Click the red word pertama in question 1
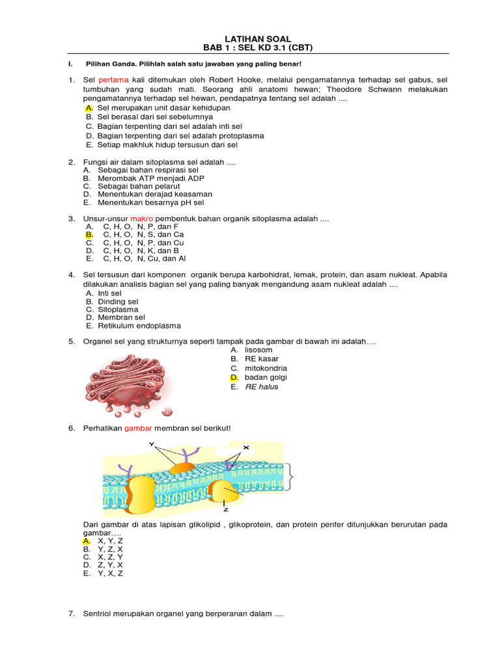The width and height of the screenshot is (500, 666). [x=113, y=79]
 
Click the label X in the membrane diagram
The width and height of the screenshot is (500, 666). [x=246, y=448]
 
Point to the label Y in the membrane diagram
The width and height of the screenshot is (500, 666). [x=152, y=444]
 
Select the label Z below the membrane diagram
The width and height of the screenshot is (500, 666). [x=225, y=511]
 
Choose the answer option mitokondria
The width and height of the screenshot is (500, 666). [x=266, y=368]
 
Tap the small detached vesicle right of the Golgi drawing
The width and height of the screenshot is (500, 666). [x=167, y=411]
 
